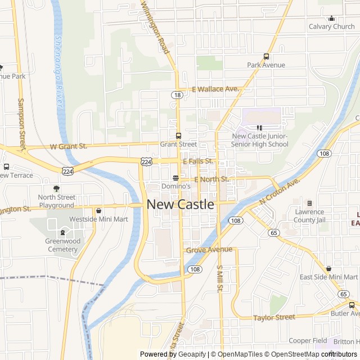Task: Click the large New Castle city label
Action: tap(181, 205)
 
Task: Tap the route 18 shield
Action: tap(178, 95)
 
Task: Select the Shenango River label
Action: tap(58, 72)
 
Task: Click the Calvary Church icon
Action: tap(332, 18)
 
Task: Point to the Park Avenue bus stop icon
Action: tap(266, 56)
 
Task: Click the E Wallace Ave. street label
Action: tap(215, 89)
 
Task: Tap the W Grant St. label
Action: tap(69, 146)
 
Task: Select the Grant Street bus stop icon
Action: tap(178, 136)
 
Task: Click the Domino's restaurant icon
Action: tap(175, 177)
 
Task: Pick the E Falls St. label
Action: tap(197, 161)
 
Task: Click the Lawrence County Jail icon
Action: tap(309, 203)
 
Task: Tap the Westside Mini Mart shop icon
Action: tap(99, 211)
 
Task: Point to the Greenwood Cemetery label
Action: tap(62, 245)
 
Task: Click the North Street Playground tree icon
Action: tap(56, 188)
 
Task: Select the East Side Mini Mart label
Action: tap(328, 277)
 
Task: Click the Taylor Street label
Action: tap(274, 317)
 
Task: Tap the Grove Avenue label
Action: tap(209, 249)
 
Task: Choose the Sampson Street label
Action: tap(22, 126)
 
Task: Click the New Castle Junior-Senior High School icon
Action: tap(259, 128)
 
